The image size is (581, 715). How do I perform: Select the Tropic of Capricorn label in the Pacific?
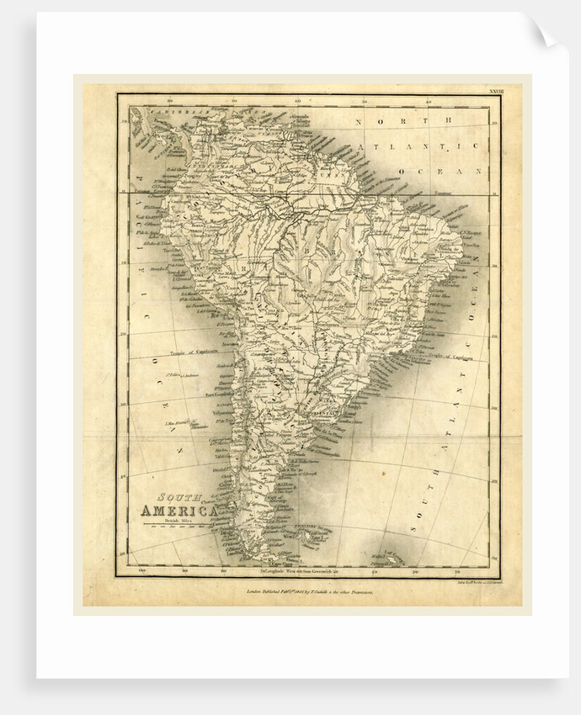pyautogui.click(x=192, y=352)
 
